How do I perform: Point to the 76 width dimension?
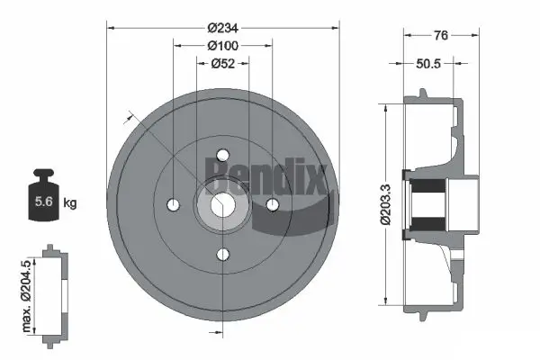pos(441,36)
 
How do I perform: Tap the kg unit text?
pos(70,202)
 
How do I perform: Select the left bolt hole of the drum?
pos(171,204)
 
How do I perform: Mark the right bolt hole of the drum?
pos(274,204)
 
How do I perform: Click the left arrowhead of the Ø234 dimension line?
pos(112,28)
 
